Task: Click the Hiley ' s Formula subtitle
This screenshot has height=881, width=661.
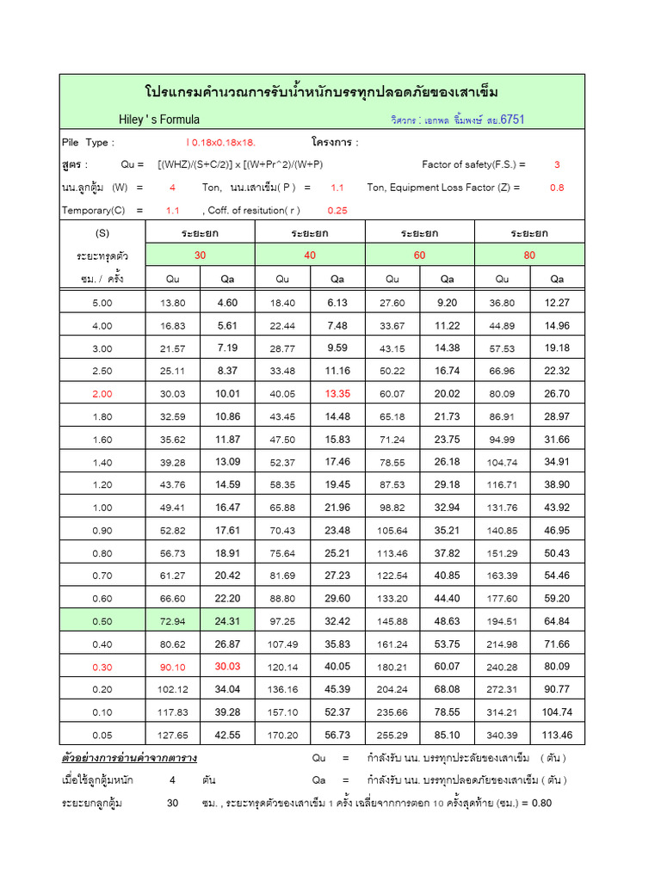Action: click(x=159, y=120)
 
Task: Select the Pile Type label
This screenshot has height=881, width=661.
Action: click(x=87, y=142)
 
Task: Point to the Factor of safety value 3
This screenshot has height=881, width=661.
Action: click(x=557, y=164)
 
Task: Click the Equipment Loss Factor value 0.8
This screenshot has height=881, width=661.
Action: click(x=557, y=187)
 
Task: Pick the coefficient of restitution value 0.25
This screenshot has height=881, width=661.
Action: click(x=337, y=210)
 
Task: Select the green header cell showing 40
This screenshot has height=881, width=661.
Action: click(x=310, y=255)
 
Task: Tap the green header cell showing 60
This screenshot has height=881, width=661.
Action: click(x=420, y=255)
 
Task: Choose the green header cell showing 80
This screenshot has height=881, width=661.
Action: click(x=529, y=255)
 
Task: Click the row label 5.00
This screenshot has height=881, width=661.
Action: click(x=102, y=303)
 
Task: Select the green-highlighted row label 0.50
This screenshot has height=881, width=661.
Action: click(x=102, y=620)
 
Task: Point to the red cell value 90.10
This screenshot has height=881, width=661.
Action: click(x=173, y=667)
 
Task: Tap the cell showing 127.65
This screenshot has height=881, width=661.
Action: click(x=173, y=736)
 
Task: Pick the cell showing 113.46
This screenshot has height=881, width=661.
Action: click(x=558, y=736)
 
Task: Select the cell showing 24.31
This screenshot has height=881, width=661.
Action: click(x=227, y=620)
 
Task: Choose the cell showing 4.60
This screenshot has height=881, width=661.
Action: click(x=227, y=303)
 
